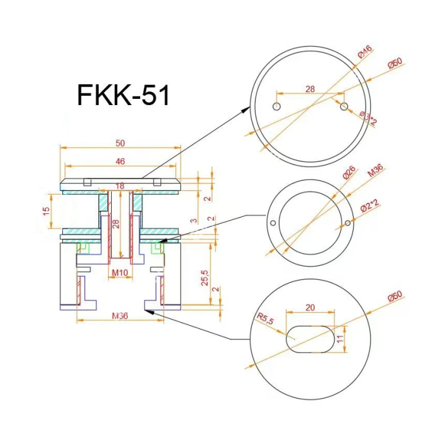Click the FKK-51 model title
[123, 95]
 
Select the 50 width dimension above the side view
[120, 143]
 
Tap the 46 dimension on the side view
[120, 161]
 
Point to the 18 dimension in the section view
[120, 185]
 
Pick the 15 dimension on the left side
[46, 211]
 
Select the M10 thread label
[119, 272]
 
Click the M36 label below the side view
[120, 316]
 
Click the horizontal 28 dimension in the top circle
[310, 89]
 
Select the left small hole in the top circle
[277, 106]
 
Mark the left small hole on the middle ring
[271, 222]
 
